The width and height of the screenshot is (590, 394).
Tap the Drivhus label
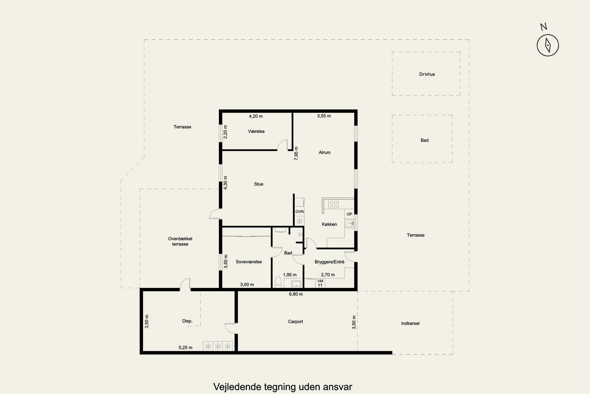(x=427, y=74)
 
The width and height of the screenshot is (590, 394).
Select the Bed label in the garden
(x=424, y=140)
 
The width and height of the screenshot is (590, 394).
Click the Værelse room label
(x=256, y=131)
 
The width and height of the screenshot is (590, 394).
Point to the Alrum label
(x=325, y=152)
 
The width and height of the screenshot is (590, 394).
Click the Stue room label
(x=259, y=184)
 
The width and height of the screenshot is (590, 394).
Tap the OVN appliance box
(x=299, y=212)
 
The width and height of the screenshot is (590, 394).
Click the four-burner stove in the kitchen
(x=333, y=204)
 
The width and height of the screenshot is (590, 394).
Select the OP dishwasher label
(x=349, y=214)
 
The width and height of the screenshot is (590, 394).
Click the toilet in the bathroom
(x=278, y=282)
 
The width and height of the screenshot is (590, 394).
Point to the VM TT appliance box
(x=320, y=283)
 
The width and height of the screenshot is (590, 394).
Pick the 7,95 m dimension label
(x=296, y=153)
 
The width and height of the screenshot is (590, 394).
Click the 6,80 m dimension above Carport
(x=296, y=294)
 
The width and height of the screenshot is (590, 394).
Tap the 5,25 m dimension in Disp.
(x=185, y=348)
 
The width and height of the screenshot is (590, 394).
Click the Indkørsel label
(x=410, y=323)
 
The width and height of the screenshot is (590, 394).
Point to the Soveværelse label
(x=249, y=262)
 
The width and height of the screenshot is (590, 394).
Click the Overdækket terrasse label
(x=180, y=241)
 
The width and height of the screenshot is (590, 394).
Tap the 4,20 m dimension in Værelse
(x=256, y=116)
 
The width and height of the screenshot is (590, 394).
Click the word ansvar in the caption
(x=337, y=387)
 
